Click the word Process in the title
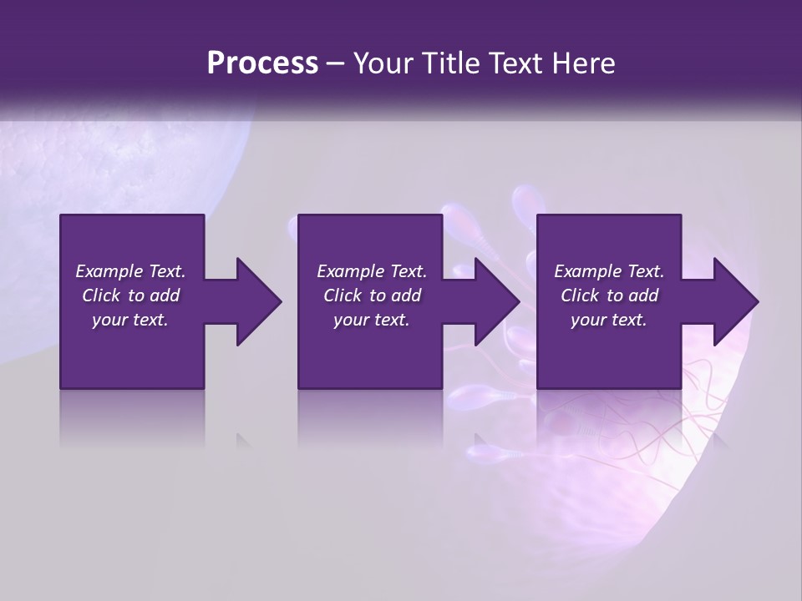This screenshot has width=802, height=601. [x=262, y=63]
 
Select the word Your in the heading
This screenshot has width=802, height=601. [x=381, y=63]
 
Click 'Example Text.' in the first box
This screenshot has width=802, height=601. [x=130, y=271]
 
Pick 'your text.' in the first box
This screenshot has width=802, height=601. [x=130, y=320]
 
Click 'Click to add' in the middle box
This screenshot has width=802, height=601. [x=372, y=295]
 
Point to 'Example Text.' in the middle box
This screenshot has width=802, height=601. [x=372, y=271]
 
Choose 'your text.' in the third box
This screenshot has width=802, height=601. [x=609, y=320]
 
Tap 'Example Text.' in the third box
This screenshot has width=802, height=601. [x=609, y=271]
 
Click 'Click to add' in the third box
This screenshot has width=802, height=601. [x=609, y=295]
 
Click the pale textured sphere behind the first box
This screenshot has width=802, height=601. [x=159, y=159]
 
